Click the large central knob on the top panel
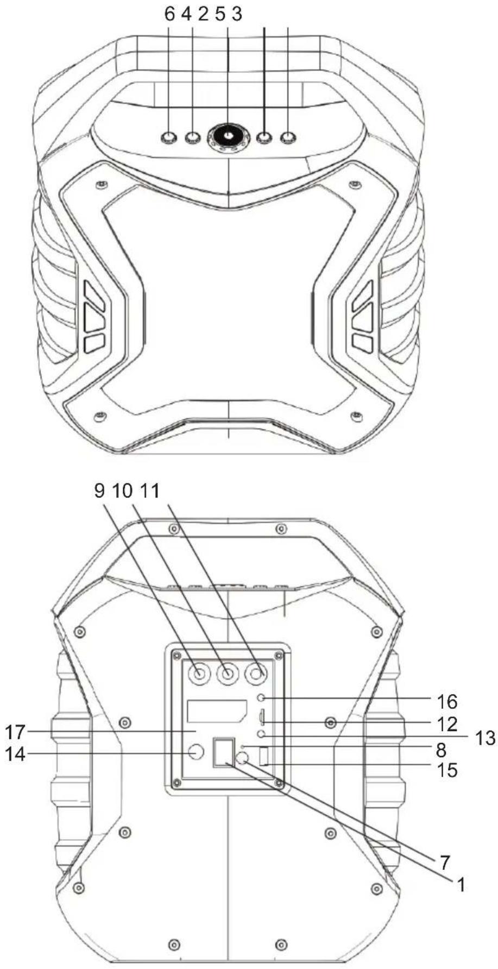point(228,136)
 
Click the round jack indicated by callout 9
point(198,674)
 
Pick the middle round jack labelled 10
point(228,674)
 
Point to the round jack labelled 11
point(257,674)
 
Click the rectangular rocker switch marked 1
point(222,752)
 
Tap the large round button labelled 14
point(196,752)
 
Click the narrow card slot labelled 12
point(261,718)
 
